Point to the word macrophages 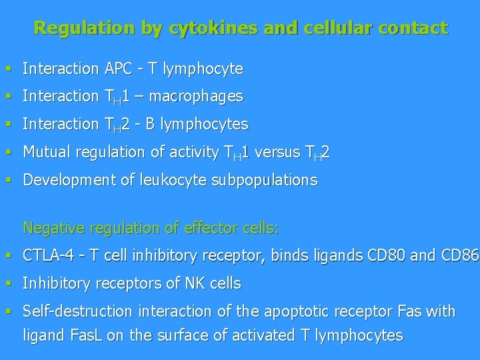click(x=196, y=97)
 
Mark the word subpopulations click(x=270, y=181)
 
